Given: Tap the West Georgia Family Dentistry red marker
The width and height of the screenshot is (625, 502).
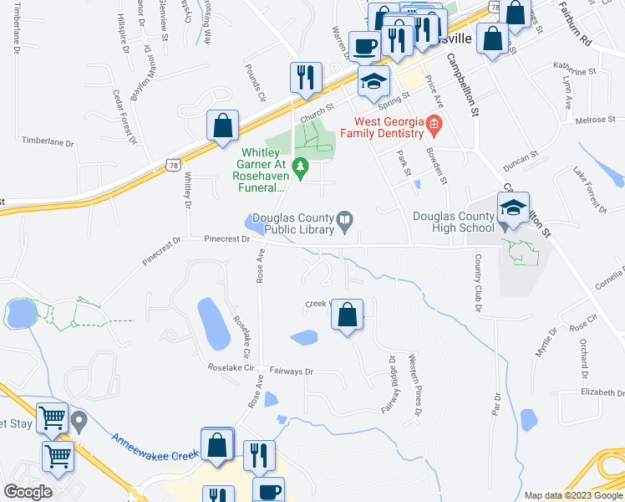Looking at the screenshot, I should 433,126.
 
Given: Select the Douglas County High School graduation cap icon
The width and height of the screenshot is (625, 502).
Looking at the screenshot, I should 513,208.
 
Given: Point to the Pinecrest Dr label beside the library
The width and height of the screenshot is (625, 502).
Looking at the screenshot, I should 228,239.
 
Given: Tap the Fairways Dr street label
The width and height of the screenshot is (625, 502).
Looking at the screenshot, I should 292,371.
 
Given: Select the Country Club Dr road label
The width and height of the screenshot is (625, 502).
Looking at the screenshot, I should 479,284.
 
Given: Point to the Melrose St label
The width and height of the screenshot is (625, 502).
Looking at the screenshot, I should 596,120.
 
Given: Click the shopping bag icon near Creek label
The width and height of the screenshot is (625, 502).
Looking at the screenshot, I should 348,316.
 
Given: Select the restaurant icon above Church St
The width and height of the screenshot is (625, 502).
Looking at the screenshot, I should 305,78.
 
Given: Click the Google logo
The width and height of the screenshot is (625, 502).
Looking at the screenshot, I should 28,491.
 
